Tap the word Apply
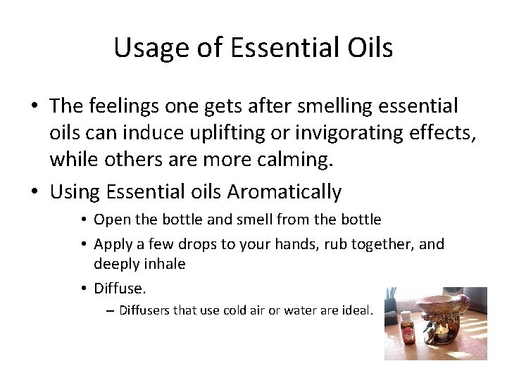[x=111, y=244]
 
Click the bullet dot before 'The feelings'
[x=34, y=107]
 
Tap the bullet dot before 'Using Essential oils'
[x=34, y=192]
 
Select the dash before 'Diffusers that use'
[x=112, y=310]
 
